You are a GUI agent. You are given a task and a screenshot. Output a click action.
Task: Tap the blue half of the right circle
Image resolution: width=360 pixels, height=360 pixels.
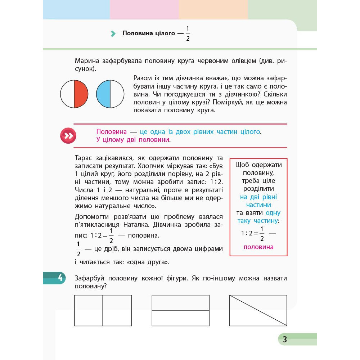pyautogui.click(x=103, y=94)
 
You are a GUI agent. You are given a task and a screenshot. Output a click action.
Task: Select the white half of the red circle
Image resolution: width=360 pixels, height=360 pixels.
pyautogui.click(x=67, y=94)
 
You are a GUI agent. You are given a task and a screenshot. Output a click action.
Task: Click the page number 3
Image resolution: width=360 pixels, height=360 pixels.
pyautogui.click(x=284, y=339)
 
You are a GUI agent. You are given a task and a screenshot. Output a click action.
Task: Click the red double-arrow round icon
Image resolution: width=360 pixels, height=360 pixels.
pyautogui.click(x=68, y=136)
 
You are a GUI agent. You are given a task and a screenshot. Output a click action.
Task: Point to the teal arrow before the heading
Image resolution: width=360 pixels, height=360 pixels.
pyautogui.click(x=113, y=34)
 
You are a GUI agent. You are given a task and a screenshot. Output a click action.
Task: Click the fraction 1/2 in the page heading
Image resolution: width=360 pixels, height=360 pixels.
pyautogui.click(x=188, y=33)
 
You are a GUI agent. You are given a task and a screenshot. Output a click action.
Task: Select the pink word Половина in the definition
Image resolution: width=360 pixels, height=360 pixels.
pyautogui.click(x=112, y=132)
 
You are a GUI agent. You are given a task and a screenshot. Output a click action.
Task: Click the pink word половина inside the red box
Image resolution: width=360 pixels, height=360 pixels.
pyautogui.click(x=258, y=247)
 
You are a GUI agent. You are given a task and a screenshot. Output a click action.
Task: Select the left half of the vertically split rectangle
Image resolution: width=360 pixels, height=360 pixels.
pyautogui.click(x=89, y=310)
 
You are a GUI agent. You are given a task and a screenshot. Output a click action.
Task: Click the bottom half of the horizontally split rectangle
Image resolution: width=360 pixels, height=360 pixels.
pyautogui.click(x=180, y=318)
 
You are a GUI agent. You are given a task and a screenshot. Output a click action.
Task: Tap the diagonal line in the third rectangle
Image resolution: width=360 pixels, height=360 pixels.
pyautogui.click(x=258, y=310)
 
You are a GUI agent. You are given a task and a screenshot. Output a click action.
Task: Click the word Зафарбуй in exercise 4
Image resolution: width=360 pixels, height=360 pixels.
pyautogui.click(x=90, y=278)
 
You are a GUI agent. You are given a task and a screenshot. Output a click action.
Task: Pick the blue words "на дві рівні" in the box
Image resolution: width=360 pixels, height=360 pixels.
pyautogui.click(x=258, y=197)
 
